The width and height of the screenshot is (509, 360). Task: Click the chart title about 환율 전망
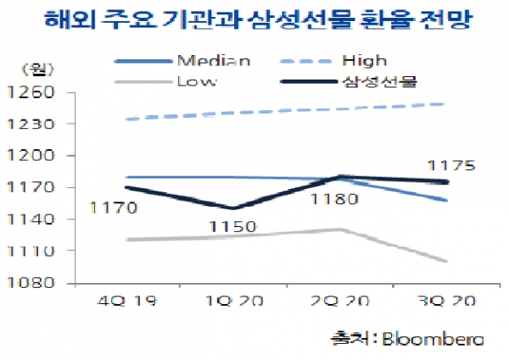[x=255, y=19]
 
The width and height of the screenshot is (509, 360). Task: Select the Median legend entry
[x=214, y=60]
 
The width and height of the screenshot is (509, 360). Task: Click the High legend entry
[x=366, y=60]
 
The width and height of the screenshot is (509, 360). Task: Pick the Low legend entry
[x=196, y=81]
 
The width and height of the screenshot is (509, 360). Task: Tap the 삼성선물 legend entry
[x=381, y=81]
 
